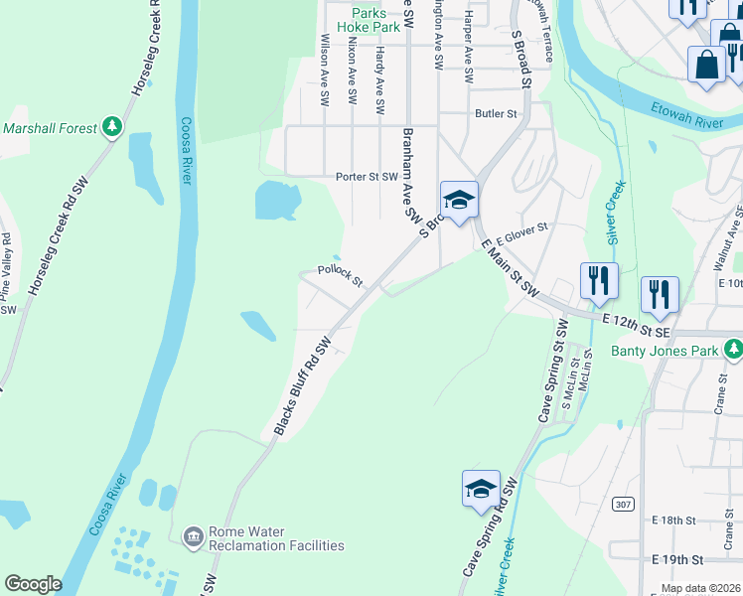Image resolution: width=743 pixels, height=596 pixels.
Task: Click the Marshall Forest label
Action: (50, 128)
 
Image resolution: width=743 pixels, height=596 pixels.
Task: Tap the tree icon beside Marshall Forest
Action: (113, 127)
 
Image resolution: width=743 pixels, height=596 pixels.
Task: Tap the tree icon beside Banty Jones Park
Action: (733, 349)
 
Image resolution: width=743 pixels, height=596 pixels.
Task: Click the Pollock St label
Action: (340, 273)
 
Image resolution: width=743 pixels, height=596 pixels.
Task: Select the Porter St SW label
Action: (367, 177)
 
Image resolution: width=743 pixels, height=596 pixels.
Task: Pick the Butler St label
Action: (496, 114)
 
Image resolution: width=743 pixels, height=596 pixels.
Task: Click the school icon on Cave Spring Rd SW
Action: (481, 489)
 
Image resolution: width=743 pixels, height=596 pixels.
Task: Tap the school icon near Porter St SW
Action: (459, 200)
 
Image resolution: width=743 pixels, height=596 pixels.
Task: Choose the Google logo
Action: (33, 584)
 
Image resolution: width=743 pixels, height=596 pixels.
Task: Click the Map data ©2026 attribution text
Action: (700, 588)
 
